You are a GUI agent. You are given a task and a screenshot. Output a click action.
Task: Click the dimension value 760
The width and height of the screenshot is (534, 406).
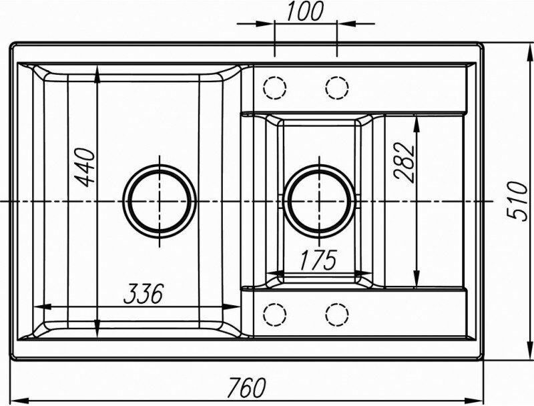pyautogui.click(x=246, y=386)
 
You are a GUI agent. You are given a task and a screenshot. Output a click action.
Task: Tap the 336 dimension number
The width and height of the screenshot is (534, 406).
pyautogui.click(x=144, y=293)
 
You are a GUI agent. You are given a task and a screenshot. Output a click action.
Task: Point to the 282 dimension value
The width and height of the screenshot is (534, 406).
pyautogui.click(x=405, y=162)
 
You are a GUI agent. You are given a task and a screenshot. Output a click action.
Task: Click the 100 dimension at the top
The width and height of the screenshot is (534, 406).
pyautogui.click(x=304, y=11)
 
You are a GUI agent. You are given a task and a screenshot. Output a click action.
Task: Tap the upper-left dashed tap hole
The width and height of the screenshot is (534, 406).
pyautogui.click(x=274, y=87)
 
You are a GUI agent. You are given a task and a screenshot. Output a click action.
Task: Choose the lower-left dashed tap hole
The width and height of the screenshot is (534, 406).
pyautogui.click(x=274, y=313)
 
